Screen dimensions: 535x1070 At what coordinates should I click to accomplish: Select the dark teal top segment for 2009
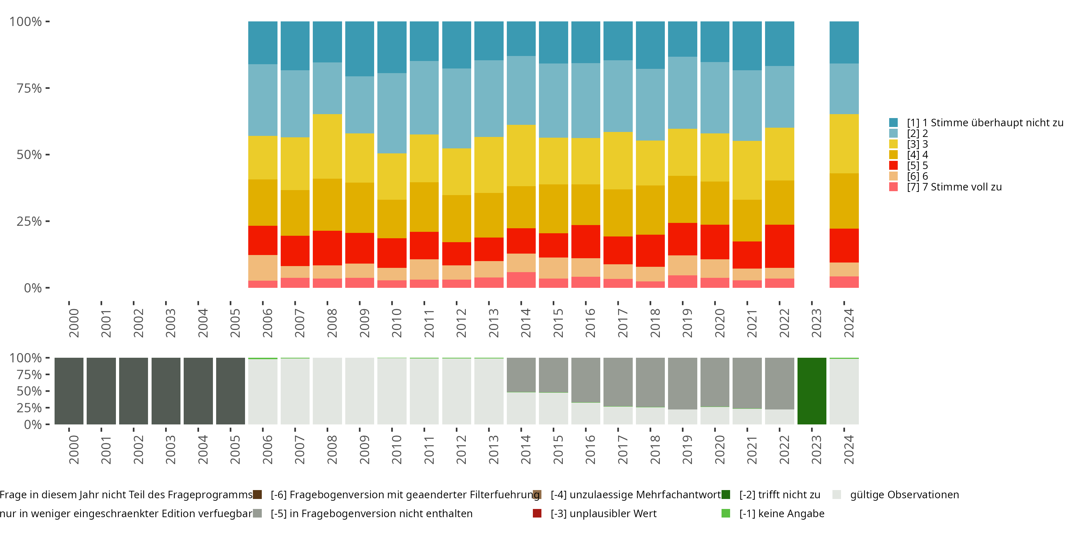click(x=359, y=49)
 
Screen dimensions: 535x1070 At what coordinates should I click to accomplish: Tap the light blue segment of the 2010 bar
click(x=392, y=113)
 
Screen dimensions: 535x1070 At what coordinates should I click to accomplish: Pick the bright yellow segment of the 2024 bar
click(x=844, y=143)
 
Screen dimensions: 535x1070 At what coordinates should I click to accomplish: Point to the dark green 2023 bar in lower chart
click(x=812, y=391)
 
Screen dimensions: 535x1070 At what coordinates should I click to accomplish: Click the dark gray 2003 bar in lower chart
click(x=166, y=391)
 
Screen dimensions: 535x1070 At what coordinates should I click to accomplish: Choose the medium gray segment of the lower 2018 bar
click(x=650, y=382)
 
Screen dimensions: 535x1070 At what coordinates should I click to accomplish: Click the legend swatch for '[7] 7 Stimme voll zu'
click(x=893, y=187)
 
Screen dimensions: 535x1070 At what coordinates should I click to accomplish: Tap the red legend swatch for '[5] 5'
click(x=893, y=165)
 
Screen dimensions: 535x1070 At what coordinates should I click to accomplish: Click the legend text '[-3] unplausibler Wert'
click(x=603, y=513)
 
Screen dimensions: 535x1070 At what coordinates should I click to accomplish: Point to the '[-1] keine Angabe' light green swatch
click(x=726, y=513)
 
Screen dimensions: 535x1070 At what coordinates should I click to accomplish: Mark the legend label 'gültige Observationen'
click(x=904, y=495)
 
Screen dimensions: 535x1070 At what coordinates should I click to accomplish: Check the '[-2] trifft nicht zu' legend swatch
click(x=726, y=495)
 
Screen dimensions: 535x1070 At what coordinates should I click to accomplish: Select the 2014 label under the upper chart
click(x=525, y=323)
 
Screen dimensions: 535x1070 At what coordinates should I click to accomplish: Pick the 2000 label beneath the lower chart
click(x=73, y=450)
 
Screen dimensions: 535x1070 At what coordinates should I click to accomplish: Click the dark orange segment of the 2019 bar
click(x=682, y=199)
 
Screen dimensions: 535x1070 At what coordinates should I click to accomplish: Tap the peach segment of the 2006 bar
click(x=263, y=267)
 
